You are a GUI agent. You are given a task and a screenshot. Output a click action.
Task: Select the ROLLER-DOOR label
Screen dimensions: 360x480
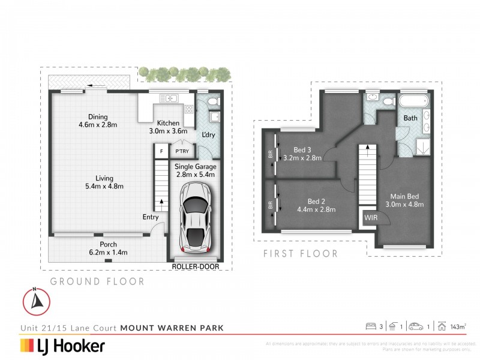tap(194, 266)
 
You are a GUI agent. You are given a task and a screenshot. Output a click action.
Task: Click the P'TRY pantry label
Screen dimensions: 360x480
tap(182, 151)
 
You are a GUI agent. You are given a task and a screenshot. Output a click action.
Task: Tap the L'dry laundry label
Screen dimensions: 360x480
tap(208, 134)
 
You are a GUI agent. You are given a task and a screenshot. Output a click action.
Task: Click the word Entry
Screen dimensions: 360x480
tap(151, 217)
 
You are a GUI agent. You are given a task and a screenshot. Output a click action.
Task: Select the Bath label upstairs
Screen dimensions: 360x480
tap(410, 118)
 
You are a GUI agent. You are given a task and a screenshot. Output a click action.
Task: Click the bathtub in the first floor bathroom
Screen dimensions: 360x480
tap(413, 101)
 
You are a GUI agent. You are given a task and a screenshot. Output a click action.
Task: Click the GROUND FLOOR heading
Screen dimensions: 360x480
tap(97, 281)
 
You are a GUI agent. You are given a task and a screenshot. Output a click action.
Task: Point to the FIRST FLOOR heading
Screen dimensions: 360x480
tap(301, 254)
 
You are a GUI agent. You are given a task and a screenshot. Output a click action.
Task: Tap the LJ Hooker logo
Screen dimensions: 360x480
tap(62, 346)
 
